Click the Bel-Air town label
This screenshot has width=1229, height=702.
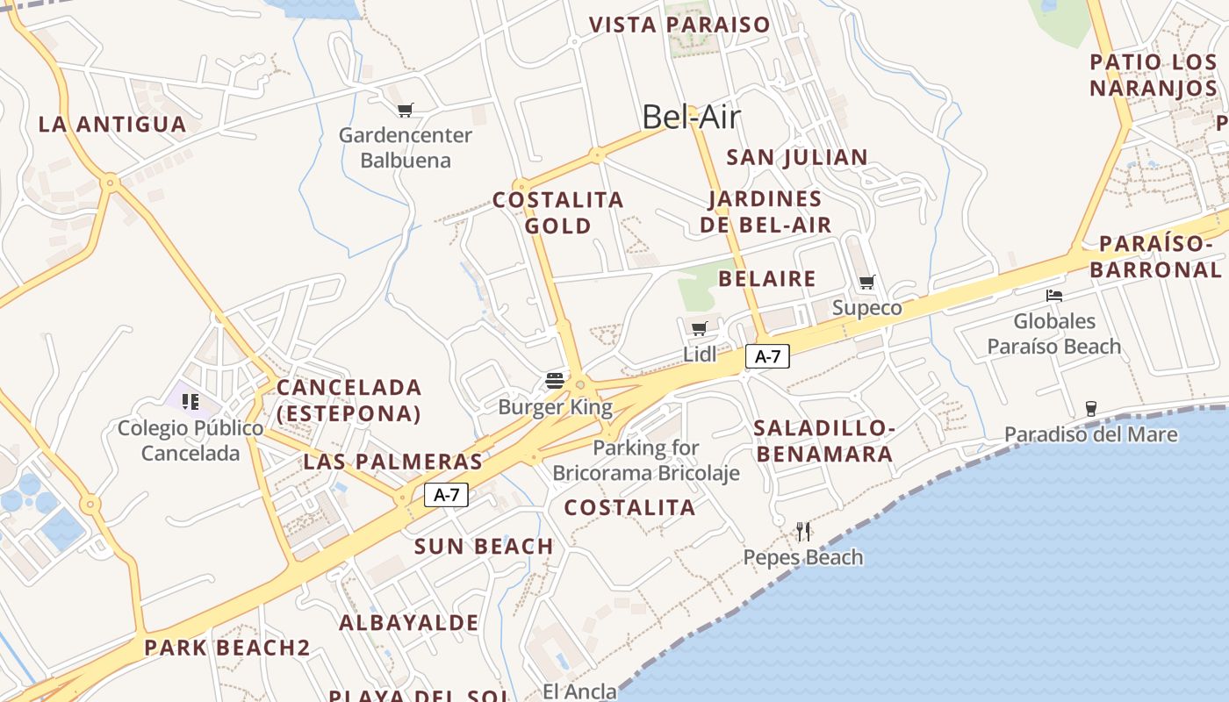tap(691, 117)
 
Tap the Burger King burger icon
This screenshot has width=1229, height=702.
tap(555, 380)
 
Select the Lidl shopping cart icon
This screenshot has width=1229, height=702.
tap(700, 329)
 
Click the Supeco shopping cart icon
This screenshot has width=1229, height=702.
tap(867, 282)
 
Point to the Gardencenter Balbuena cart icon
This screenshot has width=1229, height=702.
tap(405, 111)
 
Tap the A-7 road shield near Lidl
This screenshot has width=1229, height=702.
tap(767, 356)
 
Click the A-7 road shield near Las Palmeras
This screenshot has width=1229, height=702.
tap(446, 495)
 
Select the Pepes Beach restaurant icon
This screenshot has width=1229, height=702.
tap(803, 531)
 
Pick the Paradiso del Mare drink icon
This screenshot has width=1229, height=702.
tap(1090, 408)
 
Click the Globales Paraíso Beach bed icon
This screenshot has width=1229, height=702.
tap(1054, 296)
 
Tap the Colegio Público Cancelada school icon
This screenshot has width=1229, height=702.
tap(190, 402)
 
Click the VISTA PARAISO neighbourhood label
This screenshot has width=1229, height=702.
tap(679, 25)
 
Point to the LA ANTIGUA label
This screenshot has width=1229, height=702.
tap(112, 125)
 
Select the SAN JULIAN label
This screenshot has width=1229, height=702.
tap(797, 158)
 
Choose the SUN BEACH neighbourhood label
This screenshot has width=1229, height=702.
tap(484, 547)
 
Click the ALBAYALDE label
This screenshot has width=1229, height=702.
tap(409, 623)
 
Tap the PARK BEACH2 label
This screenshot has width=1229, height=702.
tap(227, 648)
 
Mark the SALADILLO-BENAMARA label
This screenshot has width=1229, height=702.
tap(824, 441)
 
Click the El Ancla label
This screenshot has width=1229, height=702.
tap(579, 691)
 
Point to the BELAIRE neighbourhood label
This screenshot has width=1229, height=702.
tap(767, 279)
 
